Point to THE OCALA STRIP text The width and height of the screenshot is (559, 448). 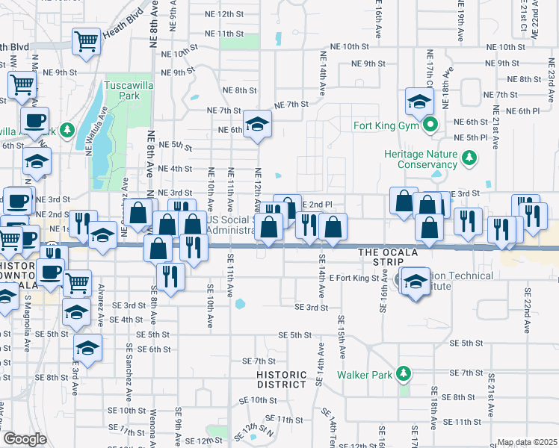(x=395, y=253)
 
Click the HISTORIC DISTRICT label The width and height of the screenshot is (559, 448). (x=281, y=379)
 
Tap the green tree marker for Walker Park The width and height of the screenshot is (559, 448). (x=404, y=373)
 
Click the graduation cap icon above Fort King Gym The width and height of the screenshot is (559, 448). (x=420, y=102)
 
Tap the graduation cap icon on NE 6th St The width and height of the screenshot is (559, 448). (x=257, y=124)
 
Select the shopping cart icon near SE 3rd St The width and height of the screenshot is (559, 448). (x=78, y=283)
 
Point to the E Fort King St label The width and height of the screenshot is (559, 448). (x=359, y=279)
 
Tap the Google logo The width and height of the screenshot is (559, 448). (x=25, y=439)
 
